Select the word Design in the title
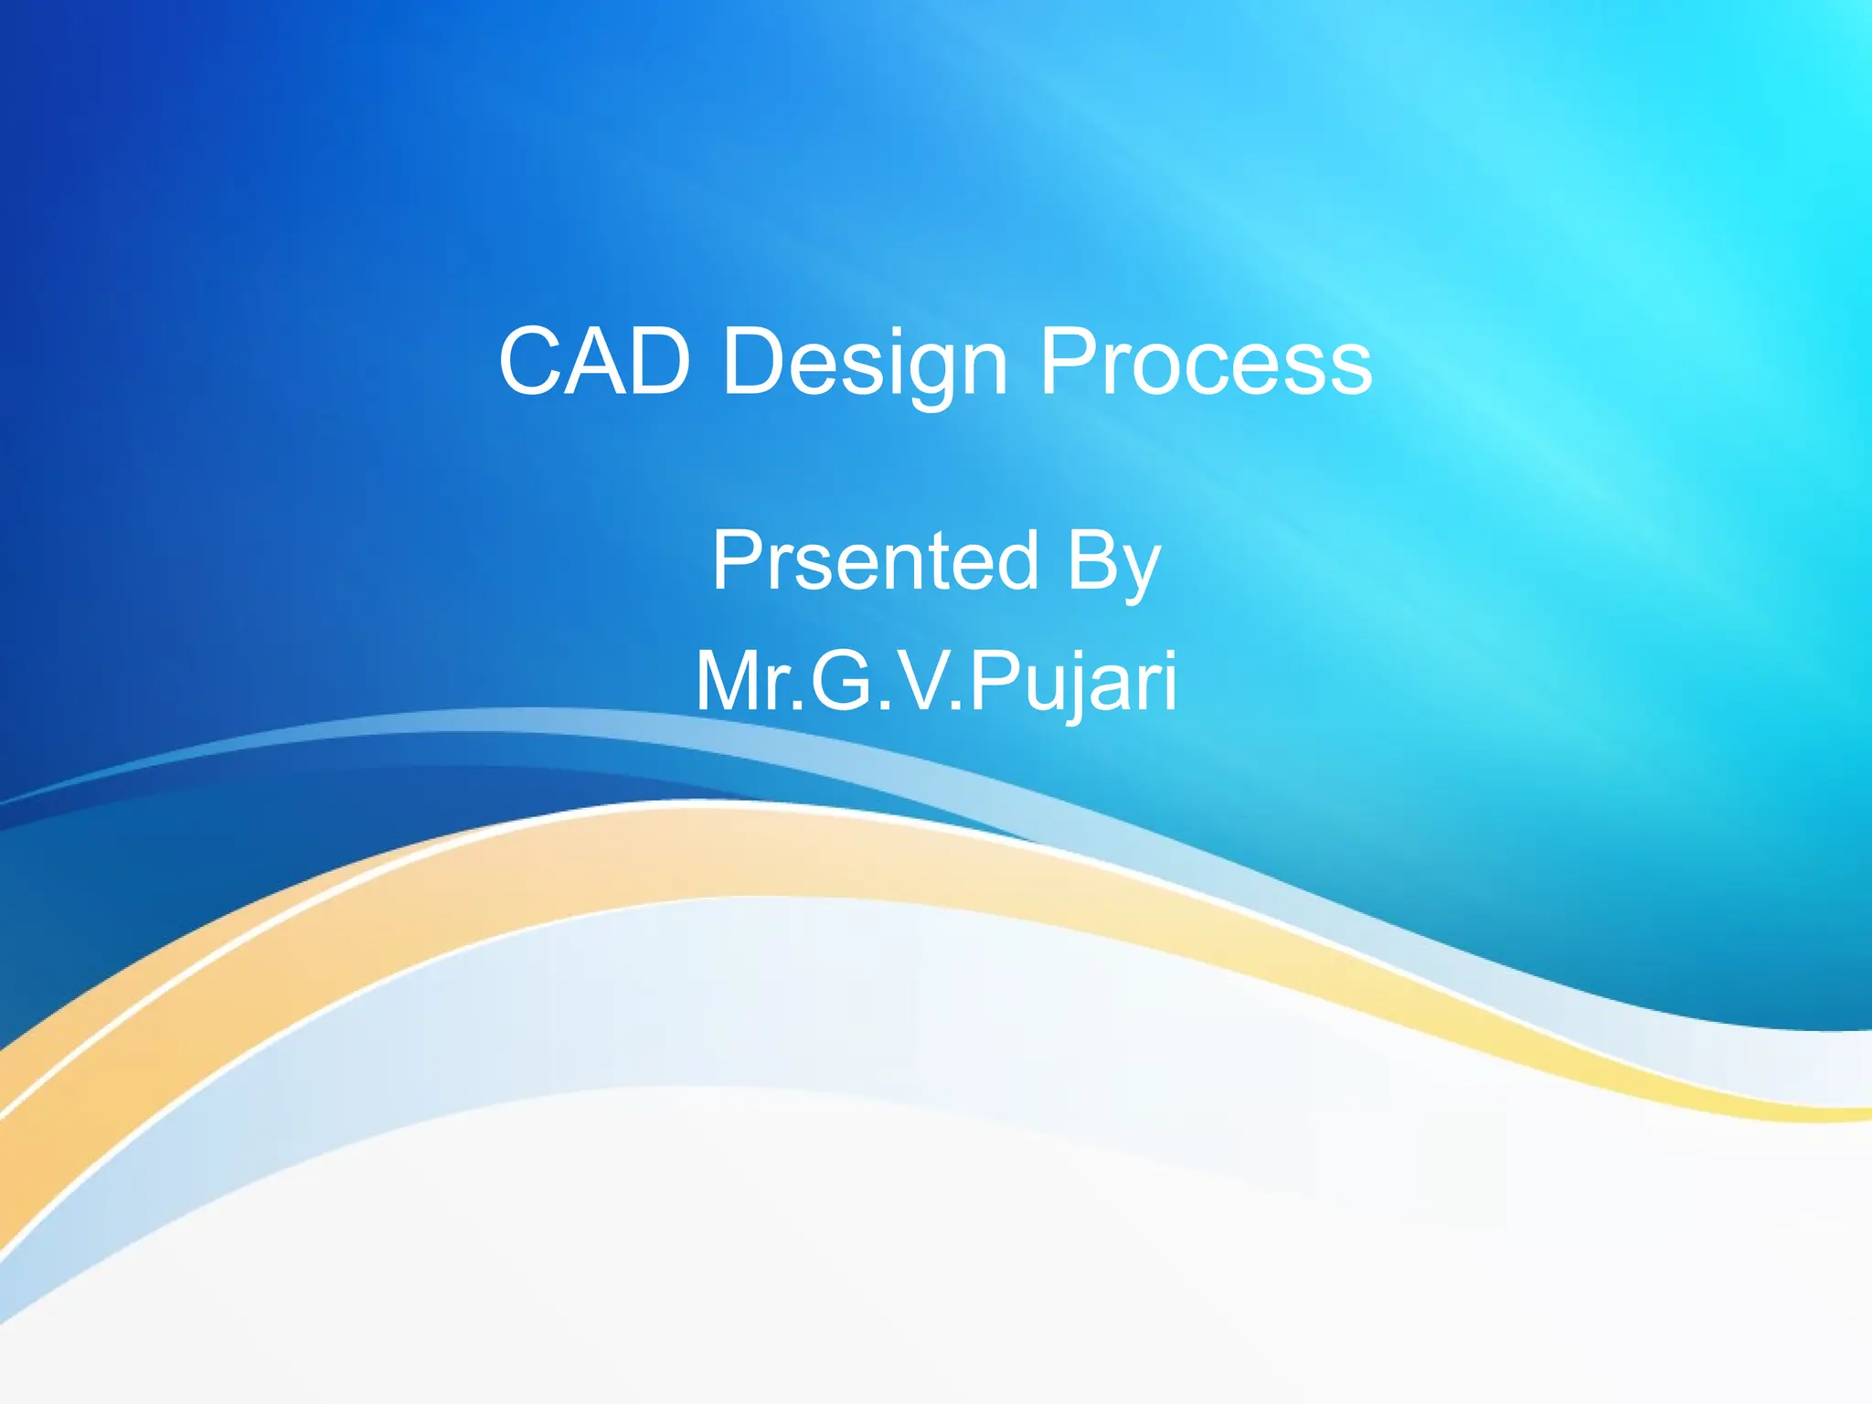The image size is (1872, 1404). tap(865, 364)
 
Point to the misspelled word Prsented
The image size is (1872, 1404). tap(876, 560)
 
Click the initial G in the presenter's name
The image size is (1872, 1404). tap(842, 681)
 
